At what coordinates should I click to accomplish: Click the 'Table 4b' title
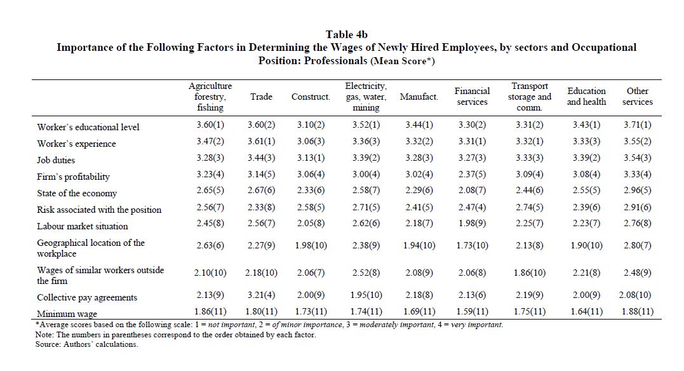coord(346,34)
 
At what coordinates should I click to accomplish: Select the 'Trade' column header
coord(261,97)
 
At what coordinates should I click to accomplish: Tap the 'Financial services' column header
coord(472,97)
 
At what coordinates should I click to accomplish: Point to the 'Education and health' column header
coord(586,97)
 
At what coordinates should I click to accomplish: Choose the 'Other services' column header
coord(638,97)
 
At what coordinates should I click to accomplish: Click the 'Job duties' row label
coord(56,160)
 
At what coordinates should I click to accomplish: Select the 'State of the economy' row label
coord(77,193)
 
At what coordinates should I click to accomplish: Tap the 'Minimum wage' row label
coord(67,314)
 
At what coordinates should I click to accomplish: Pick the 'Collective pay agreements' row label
coord(87,297)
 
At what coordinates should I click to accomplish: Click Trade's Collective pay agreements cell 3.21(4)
coord(261,295)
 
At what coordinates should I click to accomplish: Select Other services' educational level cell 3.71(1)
coord(638,125)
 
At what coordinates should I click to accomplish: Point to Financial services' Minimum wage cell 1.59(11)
coord(472,312)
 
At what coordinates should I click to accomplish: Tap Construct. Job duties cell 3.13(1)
coord(311,158)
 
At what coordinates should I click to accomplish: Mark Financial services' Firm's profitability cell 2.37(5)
coord(472,174)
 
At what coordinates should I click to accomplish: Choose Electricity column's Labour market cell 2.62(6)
coord(366,223)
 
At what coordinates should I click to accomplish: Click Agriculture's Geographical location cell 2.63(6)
coord(210,245)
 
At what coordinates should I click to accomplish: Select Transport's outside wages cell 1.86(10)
coord(530,273)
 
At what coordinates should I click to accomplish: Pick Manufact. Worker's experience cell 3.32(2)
coord(419,142)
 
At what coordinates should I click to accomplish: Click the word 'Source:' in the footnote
coord(48,344)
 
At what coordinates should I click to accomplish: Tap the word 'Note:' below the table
coord(44,335)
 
